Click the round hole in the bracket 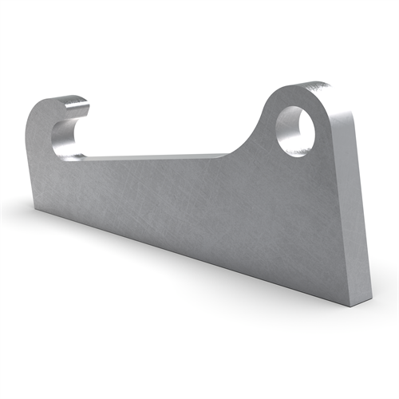point(295,130)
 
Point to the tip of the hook point(83,102)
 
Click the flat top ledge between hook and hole point(160,157)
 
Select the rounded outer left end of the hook point(32,128)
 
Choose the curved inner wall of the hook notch point(57,136)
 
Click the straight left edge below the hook point(32,176)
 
